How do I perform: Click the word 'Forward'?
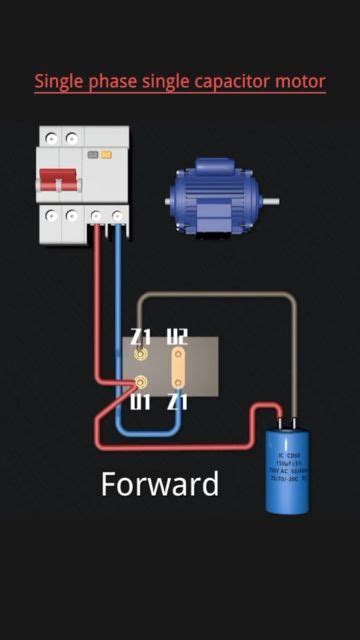[x=160, y=485]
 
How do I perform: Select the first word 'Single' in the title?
[x=60, y=82]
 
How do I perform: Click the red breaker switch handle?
[x=57, y=181]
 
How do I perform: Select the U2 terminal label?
[x=176, y=337]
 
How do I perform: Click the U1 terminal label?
[x=141, y=402]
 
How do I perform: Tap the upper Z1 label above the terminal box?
[x=141, y=337]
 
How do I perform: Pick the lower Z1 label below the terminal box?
[x=177, y=402]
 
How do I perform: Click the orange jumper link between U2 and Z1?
[x=176, y=369]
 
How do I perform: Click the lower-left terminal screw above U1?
[x=141, y=382]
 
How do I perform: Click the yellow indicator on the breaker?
[x=93, y=155]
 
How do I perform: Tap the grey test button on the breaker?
[x=105, y=155]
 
